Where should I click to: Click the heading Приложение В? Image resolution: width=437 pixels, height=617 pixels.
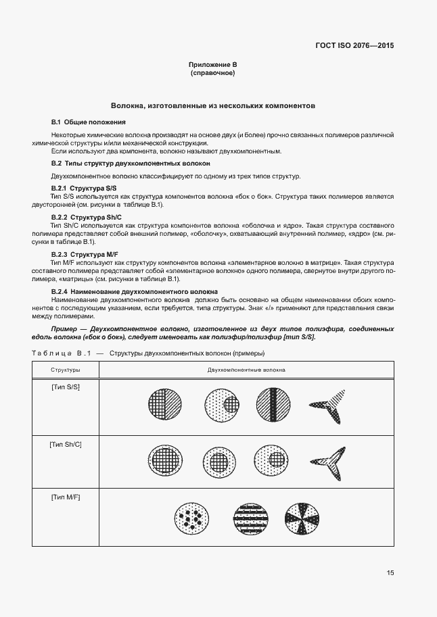coord(212,64)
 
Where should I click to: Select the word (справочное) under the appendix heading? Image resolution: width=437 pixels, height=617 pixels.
coord(212,72)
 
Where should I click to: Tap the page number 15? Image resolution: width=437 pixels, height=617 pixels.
coord(390,573)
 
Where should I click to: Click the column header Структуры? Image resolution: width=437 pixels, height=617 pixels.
coord(66,370)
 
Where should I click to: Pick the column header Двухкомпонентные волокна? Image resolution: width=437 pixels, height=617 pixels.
coord(246,370)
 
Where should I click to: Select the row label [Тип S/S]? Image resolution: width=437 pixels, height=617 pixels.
coord(66,386)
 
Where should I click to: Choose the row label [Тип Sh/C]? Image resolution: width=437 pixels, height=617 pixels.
coord(66,444)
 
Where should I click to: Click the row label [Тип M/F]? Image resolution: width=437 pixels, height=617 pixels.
coord(66,497)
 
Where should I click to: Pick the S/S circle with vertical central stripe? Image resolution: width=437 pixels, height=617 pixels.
coord(273,405)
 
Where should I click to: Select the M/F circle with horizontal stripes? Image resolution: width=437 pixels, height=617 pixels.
coord(250,519)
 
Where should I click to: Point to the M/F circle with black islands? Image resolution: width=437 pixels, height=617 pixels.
coord(191,519)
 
